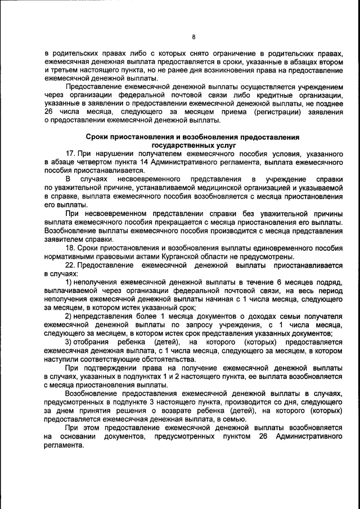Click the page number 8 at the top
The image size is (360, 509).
point(193,37)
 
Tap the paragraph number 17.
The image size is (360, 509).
point(70,154)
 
